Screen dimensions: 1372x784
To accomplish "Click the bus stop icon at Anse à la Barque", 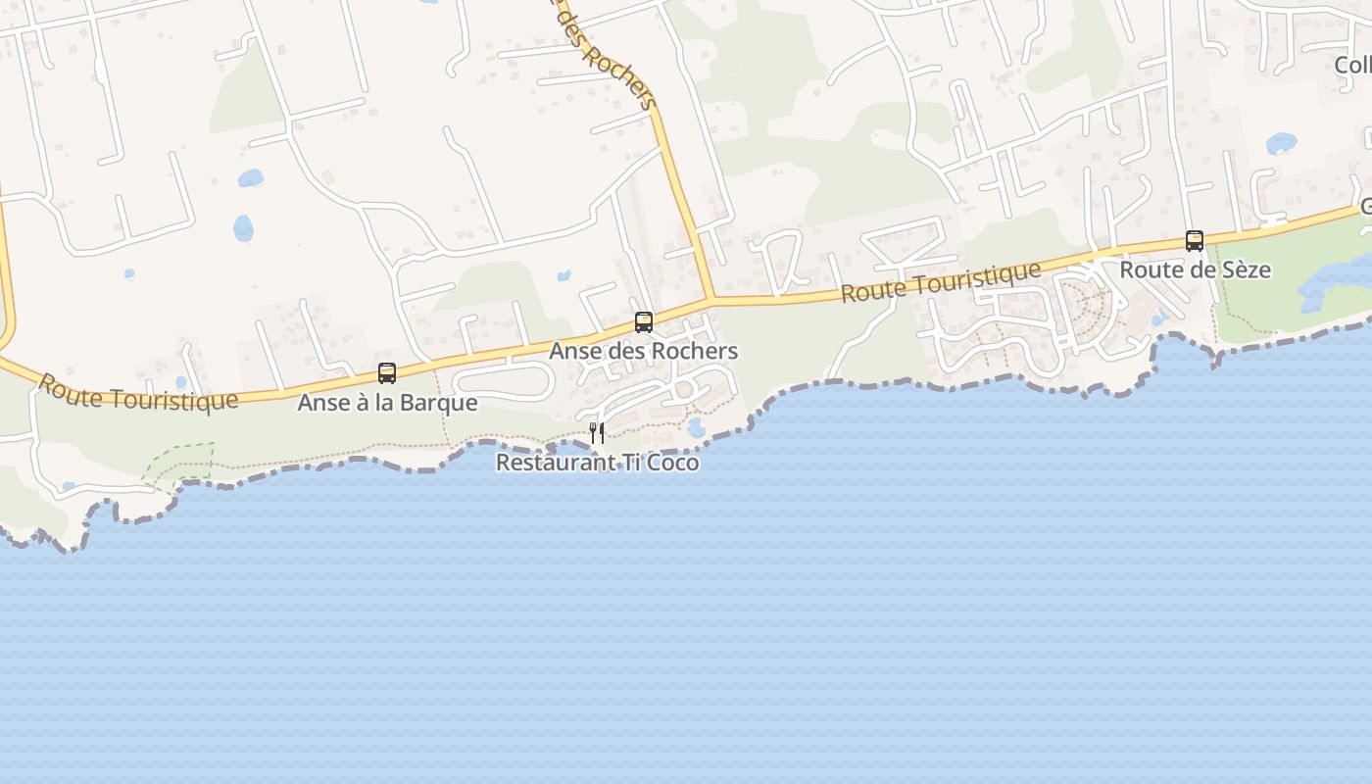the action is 387,373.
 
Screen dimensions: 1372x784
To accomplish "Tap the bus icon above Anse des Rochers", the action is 644,321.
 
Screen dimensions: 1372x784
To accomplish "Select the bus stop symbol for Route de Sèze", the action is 1195,240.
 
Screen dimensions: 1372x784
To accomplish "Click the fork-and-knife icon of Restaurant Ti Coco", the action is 597,432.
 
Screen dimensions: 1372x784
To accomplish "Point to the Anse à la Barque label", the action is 387,403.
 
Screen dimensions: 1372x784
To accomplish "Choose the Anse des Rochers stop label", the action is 643,351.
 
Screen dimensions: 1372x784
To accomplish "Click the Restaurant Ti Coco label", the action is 597,463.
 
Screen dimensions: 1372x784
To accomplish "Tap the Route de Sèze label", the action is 1195,269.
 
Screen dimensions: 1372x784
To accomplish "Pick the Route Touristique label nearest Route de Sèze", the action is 941,282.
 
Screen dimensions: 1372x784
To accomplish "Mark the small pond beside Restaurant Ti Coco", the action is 696,428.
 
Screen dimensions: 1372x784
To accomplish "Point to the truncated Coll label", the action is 1352,65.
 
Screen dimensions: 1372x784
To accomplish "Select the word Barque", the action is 441,403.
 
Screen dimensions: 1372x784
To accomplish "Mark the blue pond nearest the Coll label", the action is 1281,144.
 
